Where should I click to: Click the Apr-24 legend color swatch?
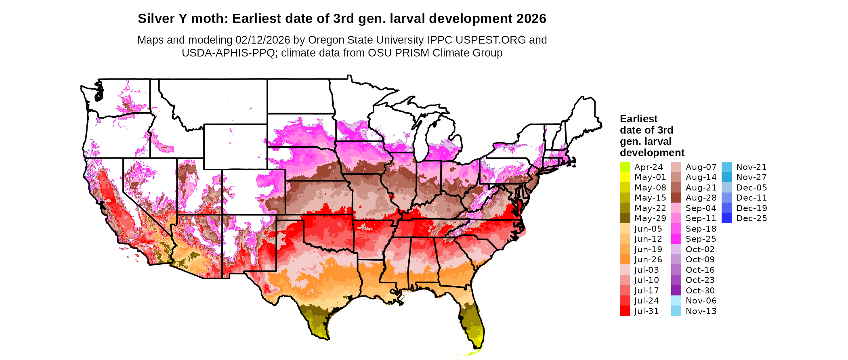tap(625, 167)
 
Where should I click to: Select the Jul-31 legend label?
tap(646, 311)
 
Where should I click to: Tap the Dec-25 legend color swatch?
tap(726, 218)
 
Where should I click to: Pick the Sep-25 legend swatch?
tap(676, 239)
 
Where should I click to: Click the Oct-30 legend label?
tap(700, 291)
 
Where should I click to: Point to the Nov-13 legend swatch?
tap(676, 311)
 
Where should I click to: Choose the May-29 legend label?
tap(650, 218)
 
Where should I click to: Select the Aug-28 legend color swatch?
tap(676, 198)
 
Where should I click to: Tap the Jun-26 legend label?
tap(648, 260)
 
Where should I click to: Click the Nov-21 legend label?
tap(751, 167)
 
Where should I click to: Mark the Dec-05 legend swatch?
tap(726, 188)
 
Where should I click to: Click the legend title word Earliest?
tap(638, 119)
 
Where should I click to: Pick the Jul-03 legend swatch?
tap(625, 270)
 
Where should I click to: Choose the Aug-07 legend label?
tap(701, 167)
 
